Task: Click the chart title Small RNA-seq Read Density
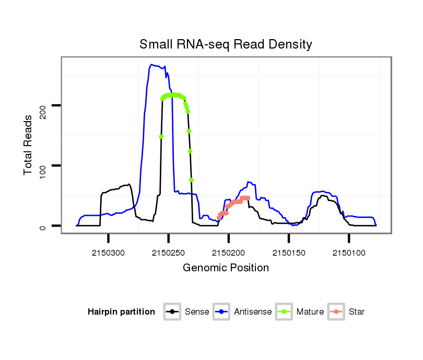point(226,44)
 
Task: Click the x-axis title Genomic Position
point(226,268)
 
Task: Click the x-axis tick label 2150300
point(109,253)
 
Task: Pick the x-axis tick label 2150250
point(168,253)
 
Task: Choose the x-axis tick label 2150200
point(228,253)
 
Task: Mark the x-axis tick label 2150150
point(288,253)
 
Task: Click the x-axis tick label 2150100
point(348,253)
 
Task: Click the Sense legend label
point(197,312)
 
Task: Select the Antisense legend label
point(253,312)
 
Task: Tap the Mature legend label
point(310,312)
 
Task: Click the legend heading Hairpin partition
point(121,312)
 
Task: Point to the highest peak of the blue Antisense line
point(151,65)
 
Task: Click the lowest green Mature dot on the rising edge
point(161,137)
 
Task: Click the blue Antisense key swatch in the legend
point(221,312)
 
